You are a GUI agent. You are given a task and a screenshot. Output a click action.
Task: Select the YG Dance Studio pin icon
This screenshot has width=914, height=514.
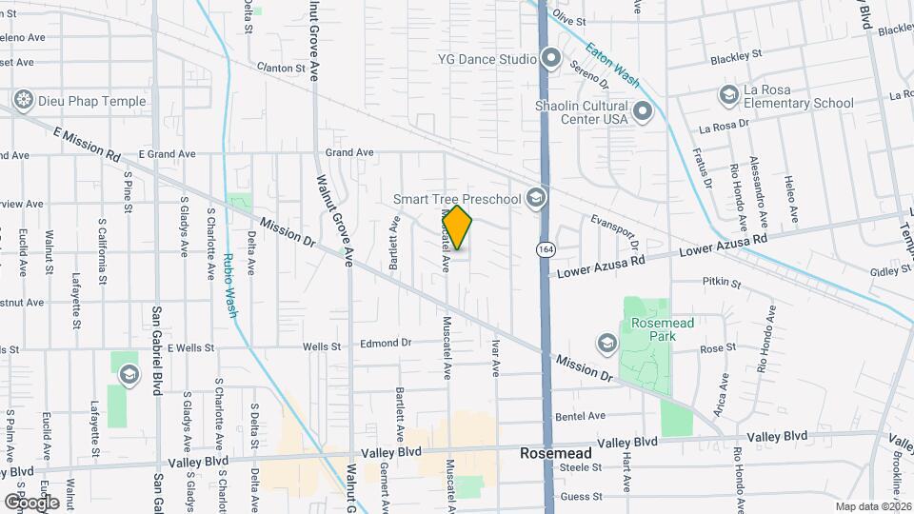pos(549,59)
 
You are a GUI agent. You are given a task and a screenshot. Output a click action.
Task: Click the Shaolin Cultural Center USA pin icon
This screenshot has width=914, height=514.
pos(642,112)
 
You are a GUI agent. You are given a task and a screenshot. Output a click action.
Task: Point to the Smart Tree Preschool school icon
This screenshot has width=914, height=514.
pos(536,198)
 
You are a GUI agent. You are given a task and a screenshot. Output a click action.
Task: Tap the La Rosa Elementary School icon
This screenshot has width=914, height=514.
pos(728,95)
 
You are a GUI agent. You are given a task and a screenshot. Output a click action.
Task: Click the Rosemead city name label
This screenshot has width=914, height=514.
pos(555,454)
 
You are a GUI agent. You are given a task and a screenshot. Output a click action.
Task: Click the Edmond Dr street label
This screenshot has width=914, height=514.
pos(386,343)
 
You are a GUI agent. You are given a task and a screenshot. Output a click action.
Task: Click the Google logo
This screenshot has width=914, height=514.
pos(31,502)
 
